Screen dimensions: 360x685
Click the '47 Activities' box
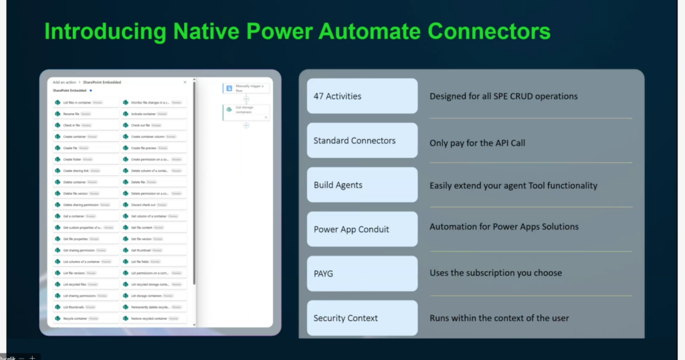362,96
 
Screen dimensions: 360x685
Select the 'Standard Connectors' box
362,141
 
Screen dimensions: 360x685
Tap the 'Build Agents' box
362,185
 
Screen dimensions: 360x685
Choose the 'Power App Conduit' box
362,229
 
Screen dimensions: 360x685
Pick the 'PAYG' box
362,273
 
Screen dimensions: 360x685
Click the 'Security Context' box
362,318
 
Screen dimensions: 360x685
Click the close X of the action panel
185,82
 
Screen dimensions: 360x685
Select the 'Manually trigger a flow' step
246,88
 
